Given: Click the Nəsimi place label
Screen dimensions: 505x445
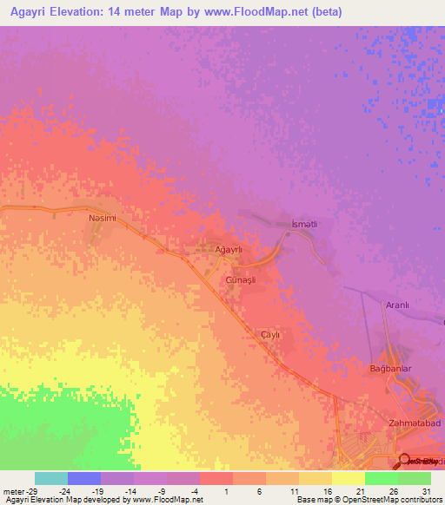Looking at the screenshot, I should pos(103,219).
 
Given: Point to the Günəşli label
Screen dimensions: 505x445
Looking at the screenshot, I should pos(242,282).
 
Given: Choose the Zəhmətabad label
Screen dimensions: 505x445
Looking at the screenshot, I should pos(409,423).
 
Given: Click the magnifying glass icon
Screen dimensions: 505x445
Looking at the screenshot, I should pos(404,459).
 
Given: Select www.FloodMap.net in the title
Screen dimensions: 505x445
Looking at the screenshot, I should pos(260,12).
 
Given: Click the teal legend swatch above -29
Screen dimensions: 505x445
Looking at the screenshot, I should pos(51,478).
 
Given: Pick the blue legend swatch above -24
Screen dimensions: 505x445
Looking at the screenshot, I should pos(84,478).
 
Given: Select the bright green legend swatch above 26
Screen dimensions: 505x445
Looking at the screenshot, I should pos(382,478).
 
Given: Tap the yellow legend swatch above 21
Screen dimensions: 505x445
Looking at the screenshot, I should pos(349,478).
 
